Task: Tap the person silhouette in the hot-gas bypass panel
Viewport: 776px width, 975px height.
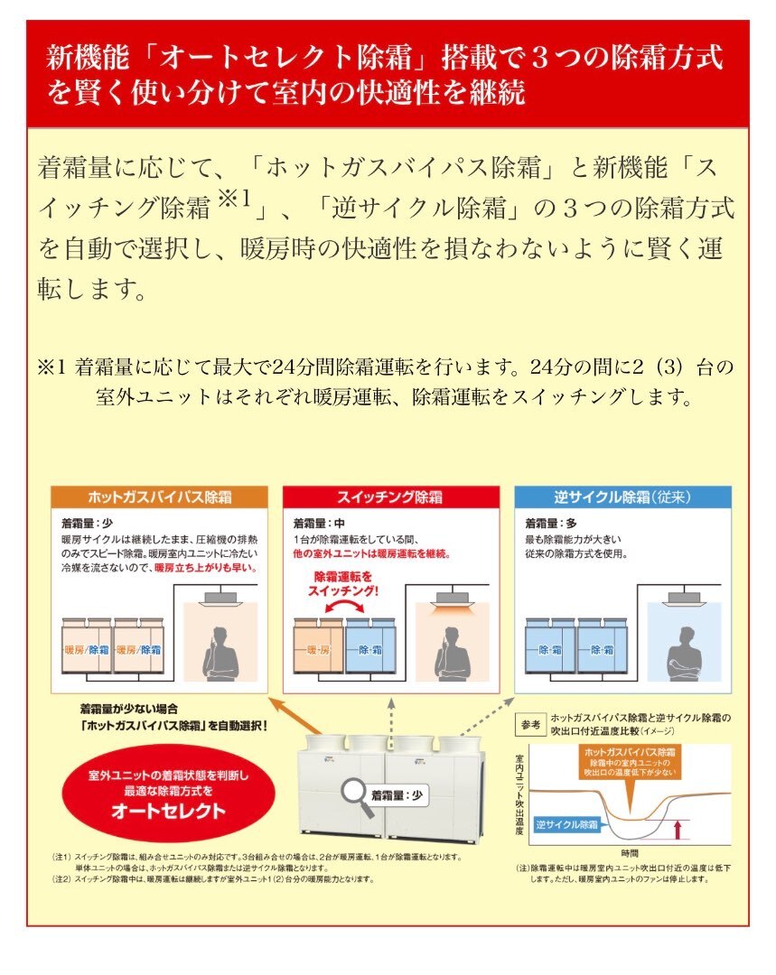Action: pyautogui.click(x=220, y=651)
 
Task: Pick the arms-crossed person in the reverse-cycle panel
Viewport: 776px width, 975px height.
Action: pyautogui.click(x=682, y=651)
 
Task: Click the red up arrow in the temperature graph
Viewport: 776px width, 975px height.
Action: pyautogui.click(x=678, y=827)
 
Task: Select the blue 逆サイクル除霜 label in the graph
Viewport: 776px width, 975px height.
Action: pyautogui.click(x=566, y=824)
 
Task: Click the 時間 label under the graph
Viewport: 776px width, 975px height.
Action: pyautogui.click(x=631, y=851)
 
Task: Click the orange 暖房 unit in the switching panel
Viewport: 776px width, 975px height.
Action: pyautogui.click(x=318, y=648)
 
